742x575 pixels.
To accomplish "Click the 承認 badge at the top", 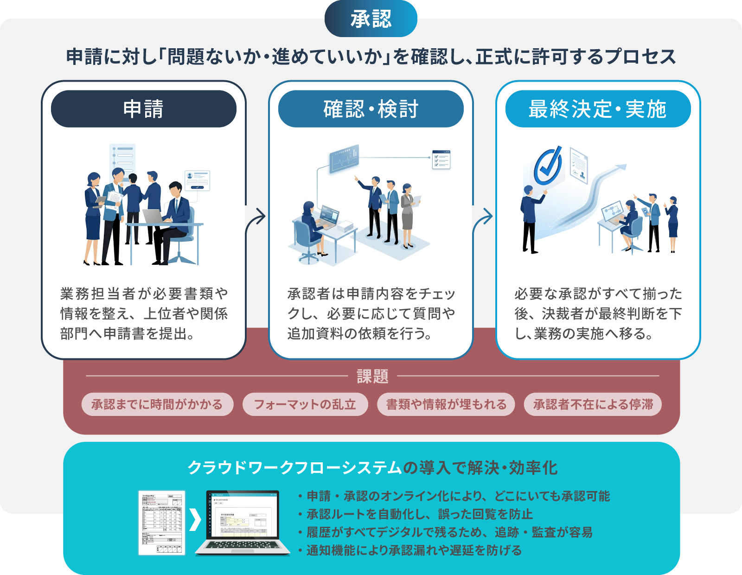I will tap(371, 19).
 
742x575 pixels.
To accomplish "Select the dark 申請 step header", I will tap(143, 109).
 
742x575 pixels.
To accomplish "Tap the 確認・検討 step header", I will tap(371, 109).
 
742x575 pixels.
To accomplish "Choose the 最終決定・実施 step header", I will tap(598, 109).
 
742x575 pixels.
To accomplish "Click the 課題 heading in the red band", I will tap(372, 376).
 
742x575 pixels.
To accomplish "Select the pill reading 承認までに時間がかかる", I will tap(157, 404).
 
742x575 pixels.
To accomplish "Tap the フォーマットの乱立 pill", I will tap(305, 404).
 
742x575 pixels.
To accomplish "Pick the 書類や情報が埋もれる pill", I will tap(446, 404).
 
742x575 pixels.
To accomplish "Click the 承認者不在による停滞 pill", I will tap(593, 404).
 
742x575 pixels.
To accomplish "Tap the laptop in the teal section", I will tap(243, 522).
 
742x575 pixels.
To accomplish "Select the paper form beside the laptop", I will tap(162, 523).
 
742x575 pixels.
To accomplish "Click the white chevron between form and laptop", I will tap(195, 520).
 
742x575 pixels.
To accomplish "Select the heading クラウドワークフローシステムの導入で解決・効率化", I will tap(372, 468).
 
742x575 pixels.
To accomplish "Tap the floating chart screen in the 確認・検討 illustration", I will tap(344, 159).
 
